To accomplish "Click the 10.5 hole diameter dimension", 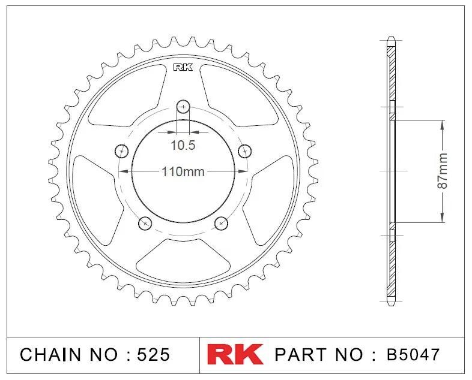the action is tap(183, 146).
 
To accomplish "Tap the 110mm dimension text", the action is tap(183, 172).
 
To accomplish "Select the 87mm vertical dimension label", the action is tap(442, 171).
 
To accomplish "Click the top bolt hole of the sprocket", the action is tap(183, 106).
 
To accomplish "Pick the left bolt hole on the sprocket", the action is tap(122, 151).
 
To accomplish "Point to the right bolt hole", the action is tap(245, 151).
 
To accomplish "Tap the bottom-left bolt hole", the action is tap(145, 223).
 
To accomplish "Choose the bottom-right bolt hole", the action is tap(221, 223).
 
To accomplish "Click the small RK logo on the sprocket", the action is tap(183, 67).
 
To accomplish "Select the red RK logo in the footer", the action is tap(235, 354).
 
